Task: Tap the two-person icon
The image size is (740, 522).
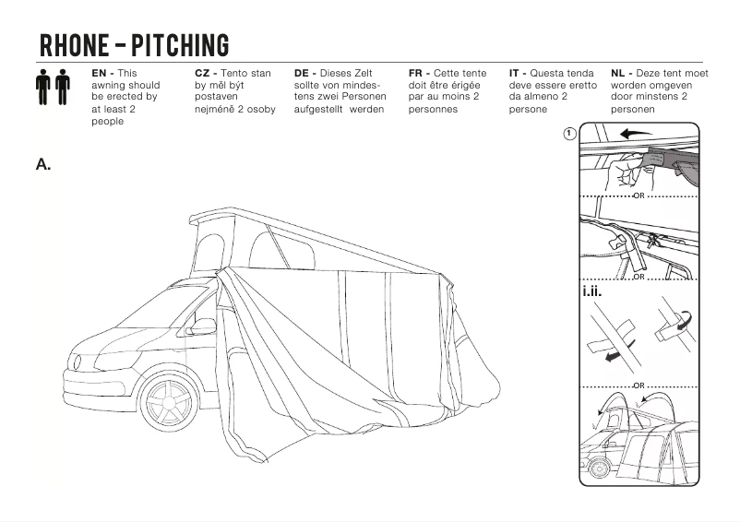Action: click(54, 89)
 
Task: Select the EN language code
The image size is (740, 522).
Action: click(101, 73)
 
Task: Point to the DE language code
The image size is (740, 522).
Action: click(303, 73)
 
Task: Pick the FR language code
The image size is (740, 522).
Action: click(416, 73)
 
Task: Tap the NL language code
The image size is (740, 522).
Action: click(619, 73)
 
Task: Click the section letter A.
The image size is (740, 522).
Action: click(42, 164)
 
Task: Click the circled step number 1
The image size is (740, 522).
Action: click(569, 133)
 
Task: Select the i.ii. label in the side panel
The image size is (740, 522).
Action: click(592, 293)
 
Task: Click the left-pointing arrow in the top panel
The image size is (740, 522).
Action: click(635, 134)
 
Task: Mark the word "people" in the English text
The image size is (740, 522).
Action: click(107, 121)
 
